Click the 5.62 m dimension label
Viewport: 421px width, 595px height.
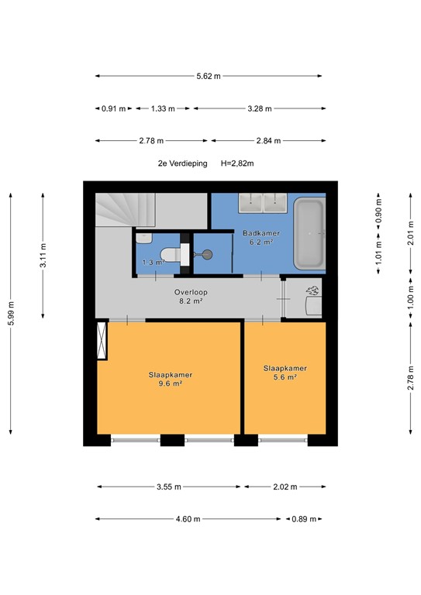(208, 76)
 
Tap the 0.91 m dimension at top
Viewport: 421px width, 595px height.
(114, 108)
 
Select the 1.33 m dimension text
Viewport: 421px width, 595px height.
(163, 108)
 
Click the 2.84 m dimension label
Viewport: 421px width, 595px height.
(267, 141)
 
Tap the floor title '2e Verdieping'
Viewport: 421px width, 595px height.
(182, 163)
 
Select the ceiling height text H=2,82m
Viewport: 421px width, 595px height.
(238, 163)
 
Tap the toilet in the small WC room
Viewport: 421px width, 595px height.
(169, 253)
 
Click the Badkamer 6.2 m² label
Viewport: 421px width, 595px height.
(261, 237)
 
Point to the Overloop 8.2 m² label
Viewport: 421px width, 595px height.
(187, 297)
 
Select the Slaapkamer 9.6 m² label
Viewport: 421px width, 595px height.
(171, 379)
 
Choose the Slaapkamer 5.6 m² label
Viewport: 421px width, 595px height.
(285, 373)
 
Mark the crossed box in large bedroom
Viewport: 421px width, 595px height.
(101, 341)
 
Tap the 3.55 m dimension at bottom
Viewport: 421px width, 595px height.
(167, 487)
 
